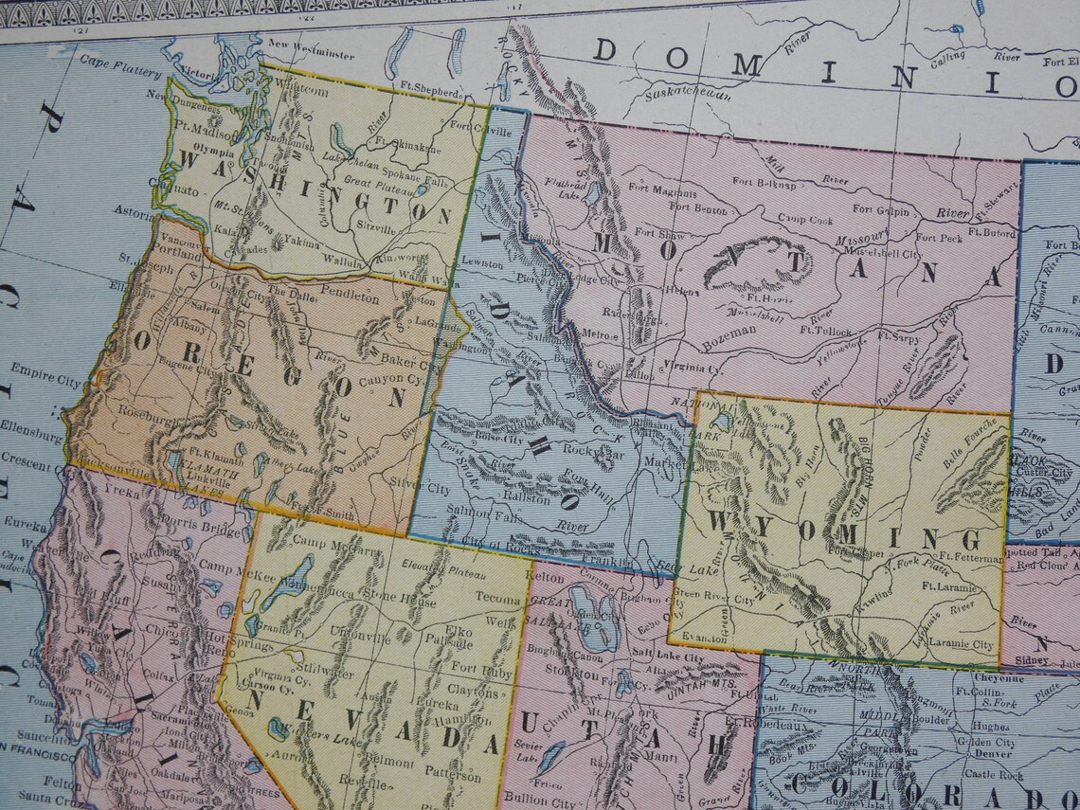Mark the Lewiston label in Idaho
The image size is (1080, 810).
483,262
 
